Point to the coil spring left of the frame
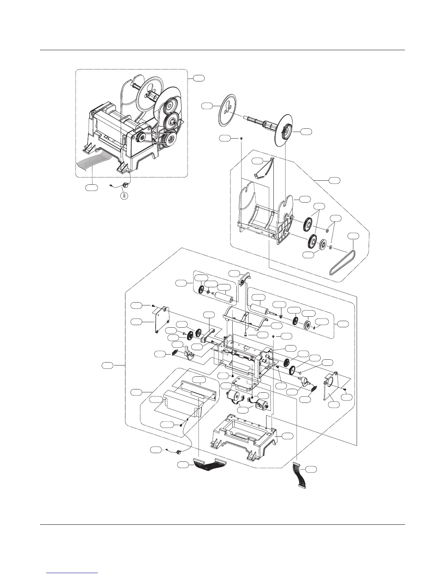coord(175,353)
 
